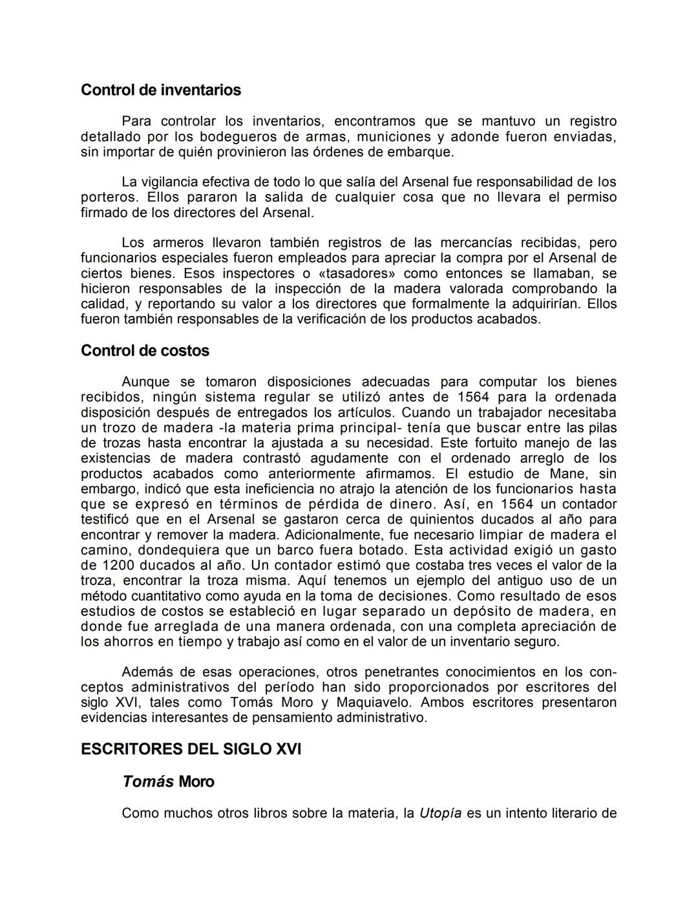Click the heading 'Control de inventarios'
pos(160,90)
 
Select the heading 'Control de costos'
pos(145,351)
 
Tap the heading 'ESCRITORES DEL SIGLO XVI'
pos(191,749)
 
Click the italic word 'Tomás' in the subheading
pos(148,781)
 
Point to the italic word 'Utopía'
pos(440,813)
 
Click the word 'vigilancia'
pos(171,182)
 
